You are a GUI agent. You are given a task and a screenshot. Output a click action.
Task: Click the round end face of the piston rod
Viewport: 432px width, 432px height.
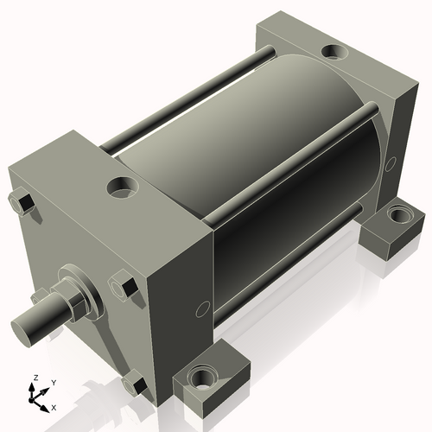tap(27, 327)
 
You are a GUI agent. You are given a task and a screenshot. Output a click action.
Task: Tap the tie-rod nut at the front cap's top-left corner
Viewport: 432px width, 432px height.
tap(23, 203)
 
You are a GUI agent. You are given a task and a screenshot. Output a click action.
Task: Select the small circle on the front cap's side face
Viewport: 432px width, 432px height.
tap(202, 308)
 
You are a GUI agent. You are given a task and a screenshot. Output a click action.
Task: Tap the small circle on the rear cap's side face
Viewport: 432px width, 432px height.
tap(391, 162)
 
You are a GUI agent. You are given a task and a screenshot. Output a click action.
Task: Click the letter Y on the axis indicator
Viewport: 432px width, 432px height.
tap(53, 382)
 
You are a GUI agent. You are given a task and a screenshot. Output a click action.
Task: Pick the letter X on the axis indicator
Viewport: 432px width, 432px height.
tap(54, 406)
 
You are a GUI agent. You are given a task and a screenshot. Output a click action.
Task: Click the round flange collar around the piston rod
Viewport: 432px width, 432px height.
tap(86, 289)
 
